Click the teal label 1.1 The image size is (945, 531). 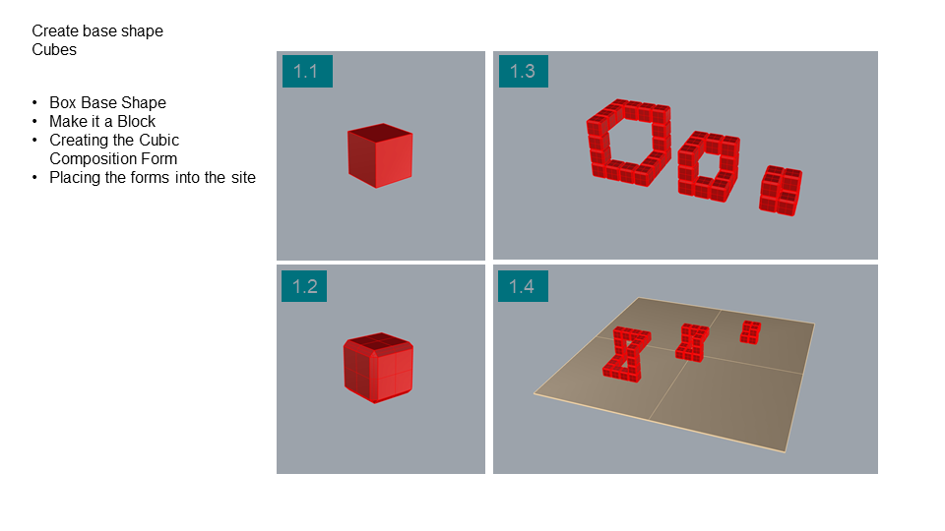307,71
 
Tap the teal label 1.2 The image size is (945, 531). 304,286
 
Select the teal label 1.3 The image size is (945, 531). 523,71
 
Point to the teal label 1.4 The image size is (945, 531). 523,286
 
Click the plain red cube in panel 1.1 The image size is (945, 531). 380,156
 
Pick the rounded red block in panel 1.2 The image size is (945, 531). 378,368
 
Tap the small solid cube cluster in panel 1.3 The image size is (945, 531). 781,191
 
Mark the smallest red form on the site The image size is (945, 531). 750,332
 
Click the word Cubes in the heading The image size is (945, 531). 54,50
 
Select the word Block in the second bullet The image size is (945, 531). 136,122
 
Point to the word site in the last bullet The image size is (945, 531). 243,178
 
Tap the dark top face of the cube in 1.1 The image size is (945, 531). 380,133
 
